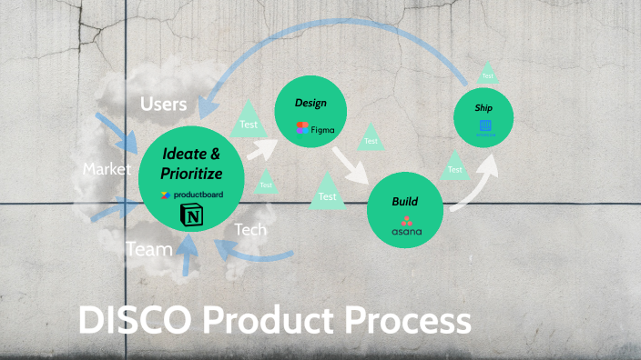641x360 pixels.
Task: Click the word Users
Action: [164, 105]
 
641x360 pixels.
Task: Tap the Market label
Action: [107, 169]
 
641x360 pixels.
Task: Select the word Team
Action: [149, 248]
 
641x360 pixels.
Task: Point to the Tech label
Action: [250, 230]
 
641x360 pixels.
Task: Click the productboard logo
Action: [192, 195]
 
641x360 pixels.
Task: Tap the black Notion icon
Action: [192, 216]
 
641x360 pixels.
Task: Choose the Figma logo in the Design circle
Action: [315, 129]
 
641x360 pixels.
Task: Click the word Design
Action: [310, 103]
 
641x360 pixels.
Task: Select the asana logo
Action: [406, 227]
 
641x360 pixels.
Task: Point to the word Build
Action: [405, 200]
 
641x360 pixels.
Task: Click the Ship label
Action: [484, 106]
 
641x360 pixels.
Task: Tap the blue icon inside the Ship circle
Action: [485, 126]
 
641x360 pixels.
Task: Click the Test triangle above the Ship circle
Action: [488, 75]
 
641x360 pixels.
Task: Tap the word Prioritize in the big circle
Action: [191, 173]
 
